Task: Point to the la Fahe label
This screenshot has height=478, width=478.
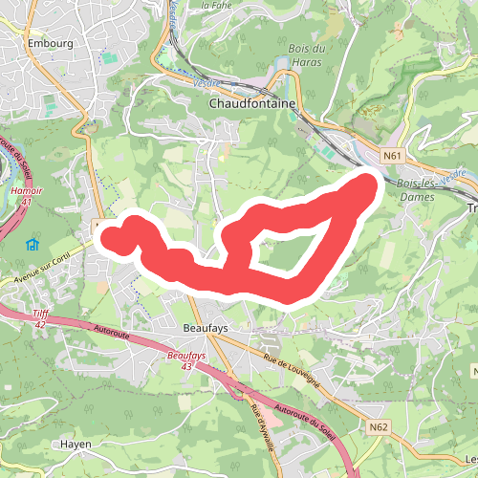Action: pyautogui.click(x=217, y=5)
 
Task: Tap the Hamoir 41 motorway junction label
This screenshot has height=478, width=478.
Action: pyautogui.click(x=27, y=196)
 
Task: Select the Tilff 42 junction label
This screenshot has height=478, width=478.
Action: pyautogui.click(x=39, y=319)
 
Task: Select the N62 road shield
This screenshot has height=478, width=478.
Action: pyautogui.click(x=379, y=427)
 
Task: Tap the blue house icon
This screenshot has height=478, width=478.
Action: pyautogui.click(x=32, y=244)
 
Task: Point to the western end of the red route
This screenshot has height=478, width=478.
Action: pyautogui.click(x=111, y=235)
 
